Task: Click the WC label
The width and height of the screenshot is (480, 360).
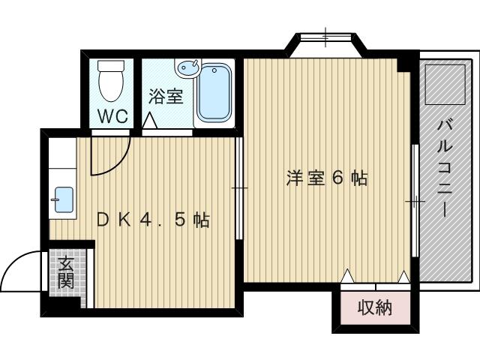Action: (x=112, y=116)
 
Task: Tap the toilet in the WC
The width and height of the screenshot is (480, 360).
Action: (x=111, y=80)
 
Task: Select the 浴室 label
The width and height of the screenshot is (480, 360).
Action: (x=166, y=97)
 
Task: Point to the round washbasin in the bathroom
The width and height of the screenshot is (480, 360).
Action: (x=189, y=67)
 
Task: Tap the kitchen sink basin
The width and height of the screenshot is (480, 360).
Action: (x=64, y=199)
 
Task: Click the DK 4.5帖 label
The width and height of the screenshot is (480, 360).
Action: (x=153, y=220)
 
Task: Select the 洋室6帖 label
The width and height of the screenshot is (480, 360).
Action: (x=327, y=178)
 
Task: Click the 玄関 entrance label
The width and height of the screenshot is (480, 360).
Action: (x=66, y=273)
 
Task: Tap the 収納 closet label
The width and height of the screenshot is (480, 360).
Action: (x=375, y=307)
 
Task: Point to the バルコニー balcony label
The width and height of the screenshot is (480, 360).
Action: (x=445, y=168)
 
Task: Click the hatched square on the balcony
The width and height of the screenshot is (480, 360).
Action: (x=445, y=85)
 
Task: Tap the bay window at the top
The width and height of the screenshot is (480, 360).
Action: (x=325, y=37)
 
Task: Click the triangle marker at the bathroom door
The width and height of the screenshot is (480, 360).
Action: (x=150, y=121)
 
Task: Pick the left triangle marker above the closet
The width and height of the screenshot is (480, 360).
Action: (x=347, y=276)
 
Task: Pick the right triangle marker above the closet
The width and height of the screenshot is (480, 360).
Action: (x=403, y=277)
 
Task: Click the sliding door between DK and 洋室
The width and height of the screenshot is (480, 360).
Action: (x=239, y=187)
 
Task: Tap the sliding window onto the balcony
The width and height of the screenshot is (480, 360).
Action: (x=415, y=200)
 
